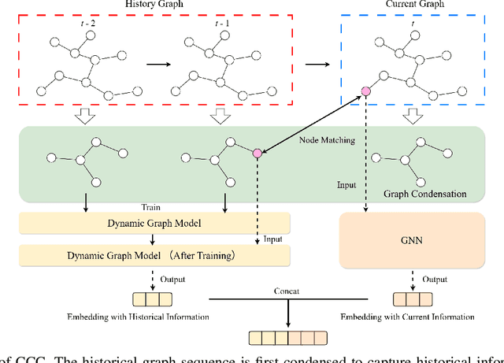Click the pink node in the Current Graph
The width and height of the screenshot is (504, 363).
365,92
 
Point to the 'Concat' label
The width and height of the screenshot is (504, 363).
282,291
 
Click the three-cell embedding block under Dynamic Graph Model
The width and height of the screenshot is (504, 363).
154,299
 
